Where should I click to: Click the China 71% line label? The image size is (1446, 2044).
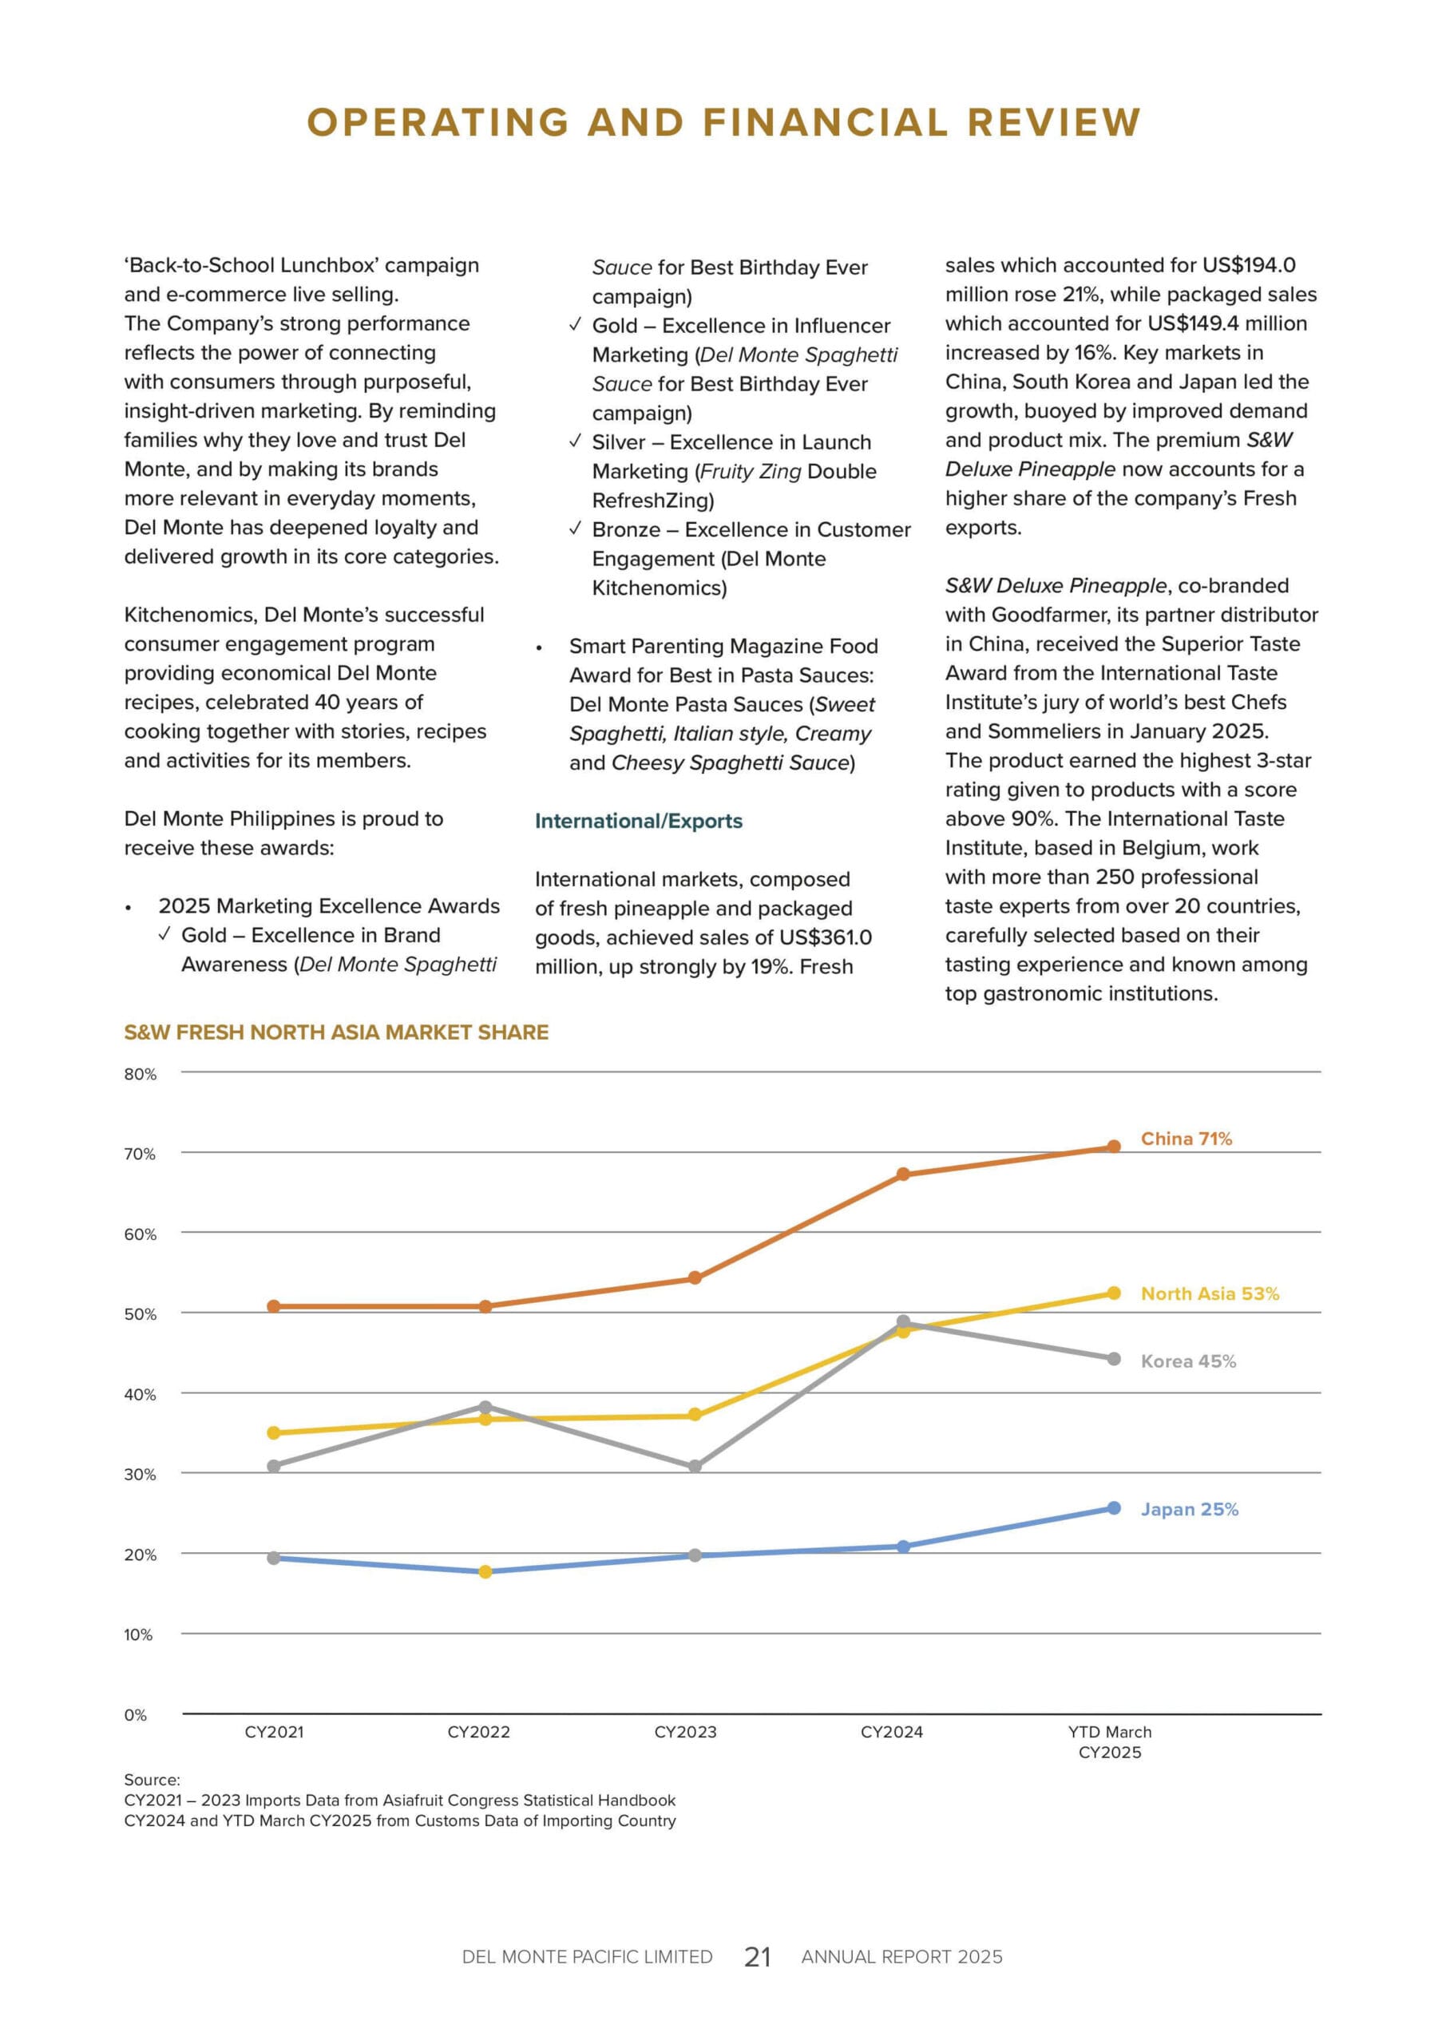click(1186, 1139)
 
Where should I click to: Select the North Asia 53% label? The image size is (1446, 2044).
click(1209, 1293)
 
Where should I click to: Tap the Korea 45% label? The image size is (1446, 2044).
click(1188, 1361)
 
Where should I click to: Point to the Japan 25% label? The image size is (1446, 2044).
click(1190, 1509)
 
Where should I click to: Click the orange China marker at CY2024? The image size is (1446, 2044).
click(903, 1175)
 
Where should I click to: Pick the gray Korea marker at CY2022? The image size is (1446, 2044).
click(485, 1408)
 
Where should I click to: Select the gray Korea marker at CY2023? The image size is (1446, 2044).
click(695, 1466)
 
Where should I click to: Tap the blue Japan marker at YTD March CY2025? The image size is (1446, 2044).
click(1113, 1508)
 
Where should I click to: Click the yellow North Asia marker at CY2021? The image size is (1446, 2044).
click(274, 1433)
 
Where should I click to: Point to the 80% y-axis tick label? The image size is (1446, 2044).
click(140, 1075)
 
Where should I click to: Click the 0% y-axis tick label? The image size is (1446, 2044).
click(136, 1714)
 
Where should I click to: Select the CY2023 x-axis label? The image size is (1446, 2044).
click(685, 1732)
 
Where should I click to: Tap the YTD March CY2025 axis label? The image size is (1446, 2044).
click(1109, 1741)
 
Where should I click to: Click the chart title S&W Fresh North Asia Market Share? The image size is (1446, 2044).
click(335, 1032)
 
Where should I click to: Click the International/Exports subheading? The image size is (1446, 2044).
click(639, 821)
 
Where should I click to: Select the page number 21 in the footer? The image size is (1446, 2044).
click(757, 1957)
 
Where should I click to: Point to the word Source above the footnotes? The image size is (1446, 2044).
click(152, 1780)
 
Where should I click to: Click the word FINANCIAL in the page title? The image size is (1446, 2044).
click(825, 122)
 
